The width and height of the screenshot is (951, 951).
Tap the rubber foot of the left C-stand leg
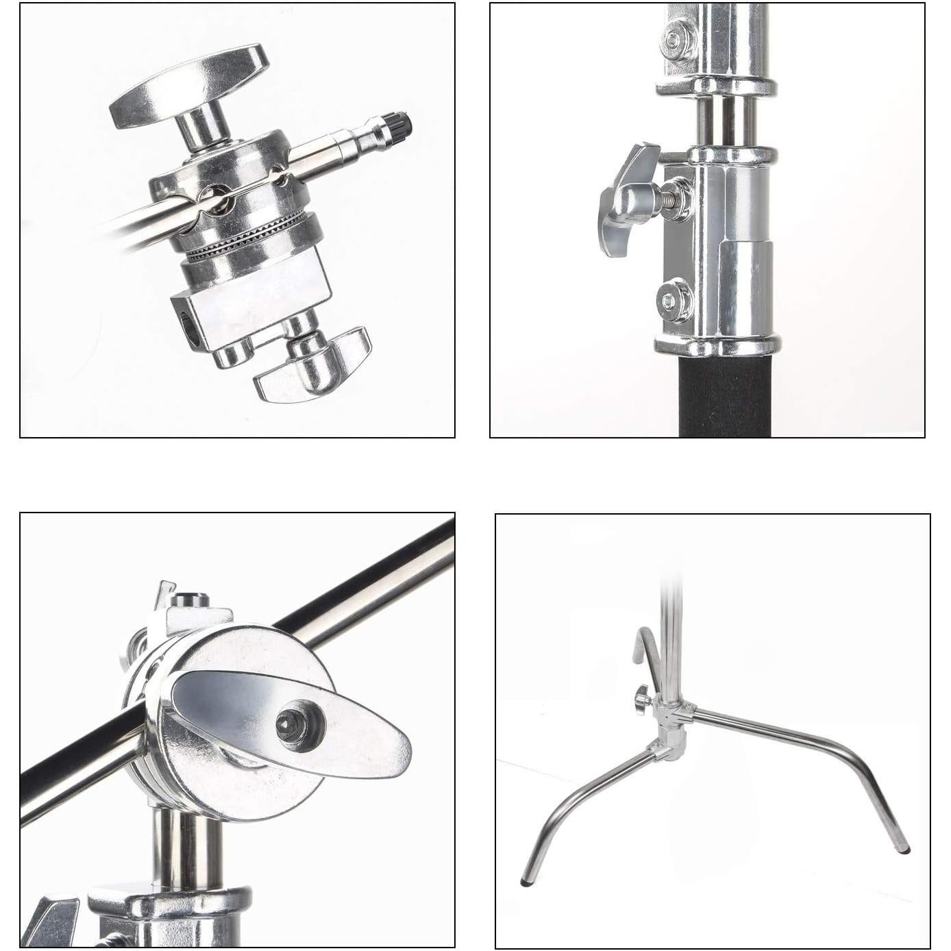coord(526,882)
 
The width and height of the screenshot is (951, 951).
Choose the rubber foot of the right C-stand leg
coord(904,850)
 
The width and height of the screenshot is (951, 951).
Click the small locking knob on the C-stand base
coord(641,699)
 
